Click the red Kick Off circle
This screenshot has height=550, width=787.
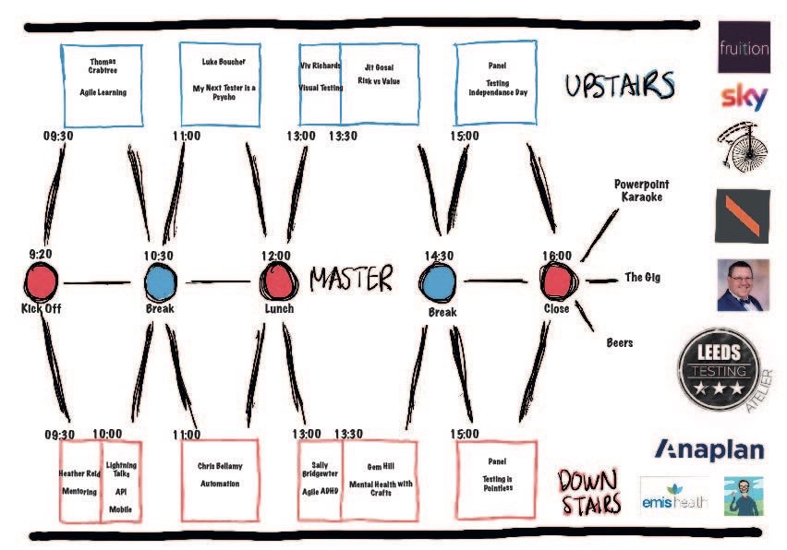42,281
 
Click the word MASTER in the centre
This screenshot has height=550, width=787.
351,279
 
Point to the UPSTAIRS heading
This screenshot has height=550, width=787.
620,86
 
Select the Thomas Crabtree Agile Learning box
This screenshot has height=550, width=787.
103,84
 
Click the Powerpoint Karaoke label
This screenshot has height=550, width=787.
642,190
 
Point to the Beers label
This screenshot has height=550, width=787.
619,342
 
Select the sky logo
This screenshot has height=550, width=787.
744,96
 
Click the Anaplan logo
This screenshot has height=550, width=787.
709,449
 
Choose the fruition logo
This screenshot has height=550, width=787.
744,46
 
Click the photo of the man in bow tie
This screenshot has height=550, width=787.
744,284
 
